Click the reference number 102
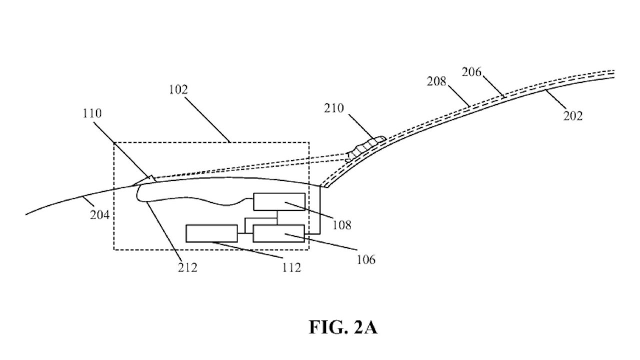point(178,90)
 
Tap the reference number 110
point(92,113)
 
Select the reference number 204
point(99,215)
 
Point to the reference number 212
point(187,268)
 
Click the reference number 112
point(291,268)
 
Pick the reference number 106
point(366,259)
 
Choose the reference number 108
point(341,225)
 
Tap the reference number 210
point(333,108)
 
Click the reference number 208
point(436,81)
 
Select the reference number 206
point(471,72)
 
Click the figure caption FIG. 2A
point(343,327)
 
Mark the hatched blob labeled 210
point(365,148)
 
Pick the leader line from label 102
point(207,119)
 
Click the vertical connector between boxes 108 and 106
point(277,217)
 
